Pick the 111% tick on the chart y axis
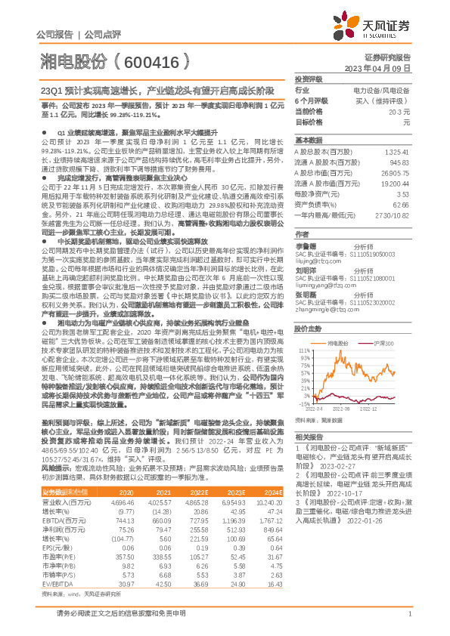pyautogui.click(x=305, y=329)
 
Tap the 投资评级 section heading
pyautogui.click(x=308, y=79)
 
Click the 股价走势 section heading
pyautogui.click(x=308, y=307)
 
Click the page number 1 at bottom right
pyautogui.click(x=408, y=613)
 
